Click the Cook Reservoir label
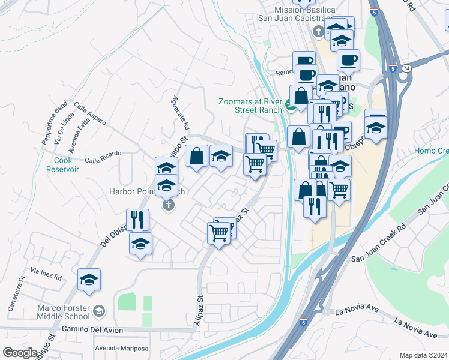[x=63, y=164]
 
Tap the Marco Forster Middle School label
[x=64, y=312]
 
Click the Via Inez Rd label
[x=47, y=277]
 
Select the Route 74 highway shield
[x=407, y=68]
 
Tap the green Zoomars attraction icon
[x=291, y=107]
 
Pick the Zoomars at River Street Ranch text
[x=251, y=106]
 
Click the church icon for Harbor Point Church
[x=169, y=205]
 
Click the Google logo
[x=20, y=353]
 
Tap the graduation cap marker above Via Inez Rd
[x=89, y=280]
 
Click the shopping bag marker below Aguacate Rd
[x=196, y=157]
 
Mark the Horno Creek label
[x=431, y=151]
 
